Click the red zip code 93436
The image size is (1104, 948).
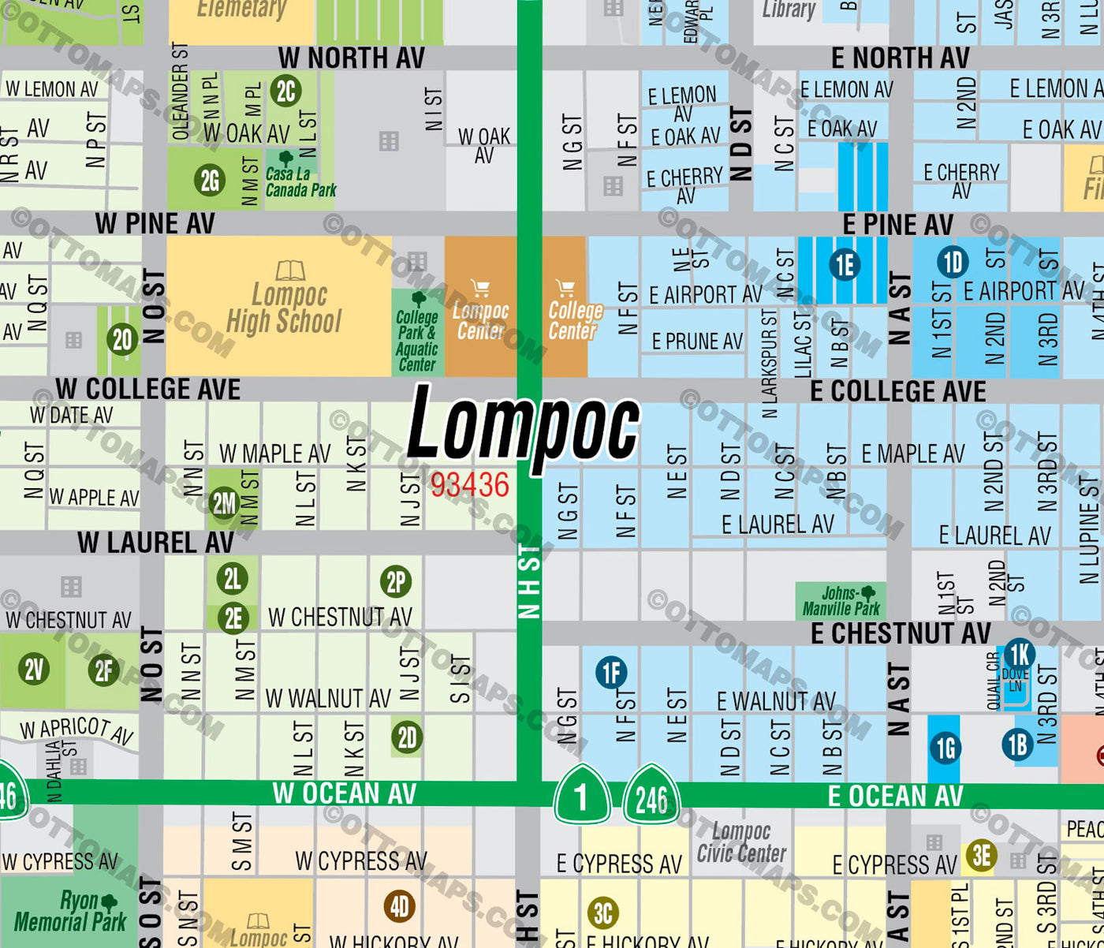(469, 485)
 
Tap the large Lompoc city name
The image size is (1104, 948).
(523, 428)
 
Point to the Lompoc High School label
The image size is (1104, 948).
(285, 308)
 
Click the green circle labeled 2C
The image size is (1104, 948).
(285, 91)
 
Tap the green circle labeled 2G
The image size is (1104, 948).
(210, 181)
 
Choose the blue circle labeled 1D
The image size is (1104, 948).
(953, 262)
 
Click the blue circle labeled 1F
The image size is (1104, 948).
(611, 673)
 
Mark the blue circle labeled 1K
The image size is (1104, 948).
(1019, 655)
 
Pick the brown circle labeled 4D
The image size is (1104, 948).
(400, 906)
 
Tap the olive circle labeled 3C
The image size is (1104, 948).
(603, 913)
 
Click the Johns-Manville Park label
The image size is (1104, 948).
(841, 601)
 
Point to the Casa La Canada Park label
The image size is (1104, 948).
(300, 181)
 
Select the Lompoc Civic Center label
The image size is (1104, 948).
(741, 842)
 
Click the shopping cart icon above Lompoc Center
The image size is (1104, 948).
(480, 288)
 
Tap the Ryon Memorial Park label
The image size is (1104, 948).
(69, 911)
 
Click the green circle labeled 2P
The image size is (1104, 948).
(396, 583)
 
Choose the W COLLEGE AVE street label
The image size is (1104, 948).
(147, 389)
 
